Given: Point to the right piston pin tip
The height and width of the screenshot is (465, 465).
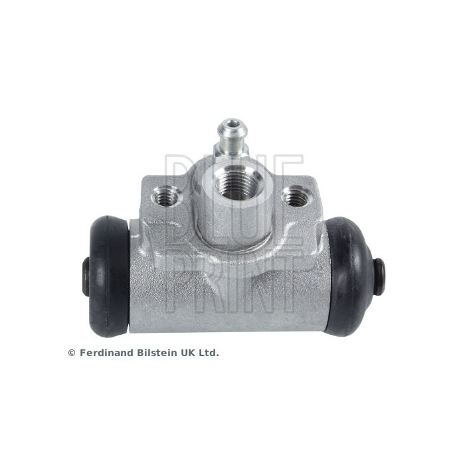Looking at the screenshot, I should [381, 272].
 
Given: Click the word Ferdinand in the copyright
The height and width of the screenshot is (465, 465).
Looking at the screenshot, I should [106, 353].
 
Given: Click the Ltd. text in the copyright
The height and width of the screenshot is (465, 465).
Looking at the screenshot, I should [210, 353].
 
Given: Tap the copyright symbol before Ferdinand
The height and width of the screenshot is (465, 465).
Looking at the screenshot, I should [72, 353].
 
